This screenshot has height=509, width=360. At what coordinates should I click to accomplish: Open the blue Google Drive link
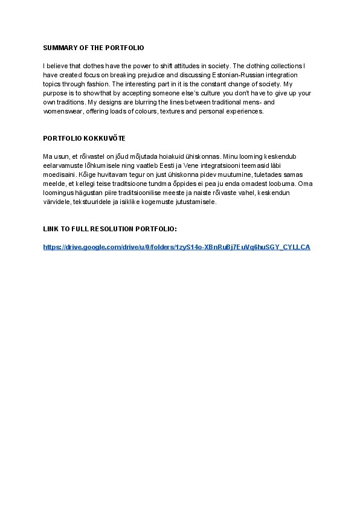click(x=176, y=247)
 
